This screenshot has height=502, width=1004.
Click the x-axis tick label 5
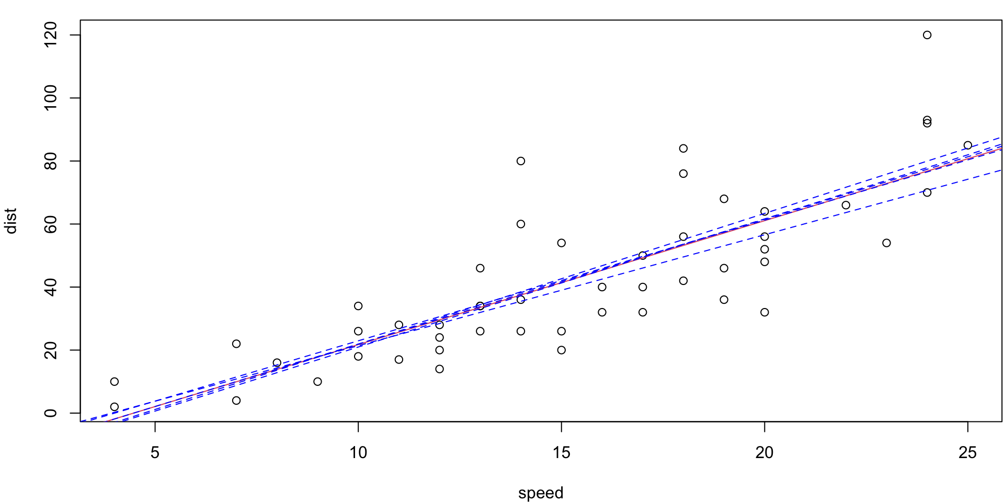pyautogui.click(x=155, y=452)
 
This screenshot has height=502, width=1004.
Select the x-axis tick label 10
pyautogui.click(x=358, y=452)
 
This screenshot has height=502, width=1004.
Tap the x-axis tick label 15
pyautogui.click(x=561, y=452)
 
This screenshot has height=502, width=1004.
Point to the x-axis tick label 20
pyautogui.click(x=765, y=452)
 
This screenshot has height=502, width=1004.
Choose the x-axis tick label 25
pyautogui.click(x=967, y=452)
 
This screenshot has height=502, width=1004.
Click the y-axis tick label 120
pyautogui.click(x=51, y=35)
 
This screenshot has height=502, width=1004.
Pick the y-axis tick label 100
pyautogui.click(x=51, y=98)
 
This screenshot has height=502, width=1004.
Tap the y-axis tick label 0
pyautogui.click(x=51, y=413)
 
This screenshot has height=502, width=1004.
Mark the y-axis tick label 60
pyautogui.click(x=51, y=224)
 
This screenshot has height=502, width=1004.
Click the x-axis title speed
pyautogui.click(x=541, y=493)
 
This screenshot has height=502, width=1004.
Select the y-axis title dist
pyautogui.click(x=10, y=221)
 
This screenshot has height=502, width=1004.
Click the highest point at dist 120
pyautogui.click(x=927, y=35)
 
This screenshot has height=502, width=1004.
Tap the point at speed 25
pyautogui.click(x=968, y=145)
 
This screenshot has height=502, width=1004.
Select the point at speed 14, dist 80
pyautogui.click(x=521, y=161)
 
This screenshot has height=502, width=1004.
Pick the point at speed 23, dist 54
pyautogui.click(x=886, y=243)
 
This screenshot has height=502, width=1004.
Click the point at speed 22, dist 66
pyautogui.click(x=846, y=205)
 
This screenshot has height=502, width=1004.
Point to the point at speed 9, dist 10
pyautogui.click(x=317, y=382)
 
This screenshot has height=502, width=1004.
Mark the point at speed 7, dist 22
pyautogui.click(x=236, y=344)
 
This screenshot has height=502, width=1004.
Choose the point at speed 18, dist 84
pyautogui.click(x=683, y=149)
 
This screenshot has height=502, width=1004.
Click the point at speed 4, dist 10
pyautogui.click(x=115, y=382)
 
